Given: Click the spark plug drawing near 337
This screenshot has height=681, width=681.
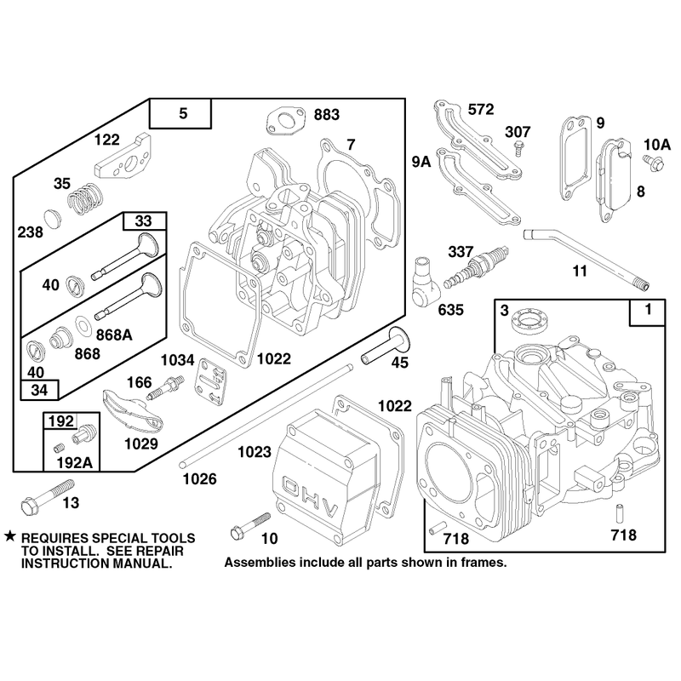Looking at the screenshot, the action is click(476, 269).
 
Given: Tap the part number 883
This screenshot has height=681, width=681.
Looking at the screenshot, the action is click(326, 115).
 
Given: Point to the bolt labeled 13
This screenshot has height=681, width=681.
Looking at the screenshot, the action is click(48, 497).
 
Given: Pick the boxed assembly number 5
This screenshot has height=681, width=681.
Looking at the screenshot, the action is click(183, 113).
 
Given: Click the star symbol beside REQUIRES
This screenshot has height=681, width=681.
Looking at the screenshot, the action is click(10, 536).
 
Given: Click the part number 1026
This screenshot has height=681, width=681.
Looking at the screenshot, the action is click(199, 479).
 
